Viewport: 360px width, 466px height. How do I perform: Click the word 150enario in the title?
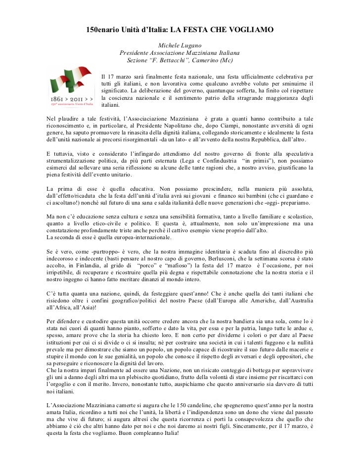tap(105, 31)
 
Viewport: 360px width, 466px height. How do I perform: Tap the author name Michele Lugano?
tap(180, 45)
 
